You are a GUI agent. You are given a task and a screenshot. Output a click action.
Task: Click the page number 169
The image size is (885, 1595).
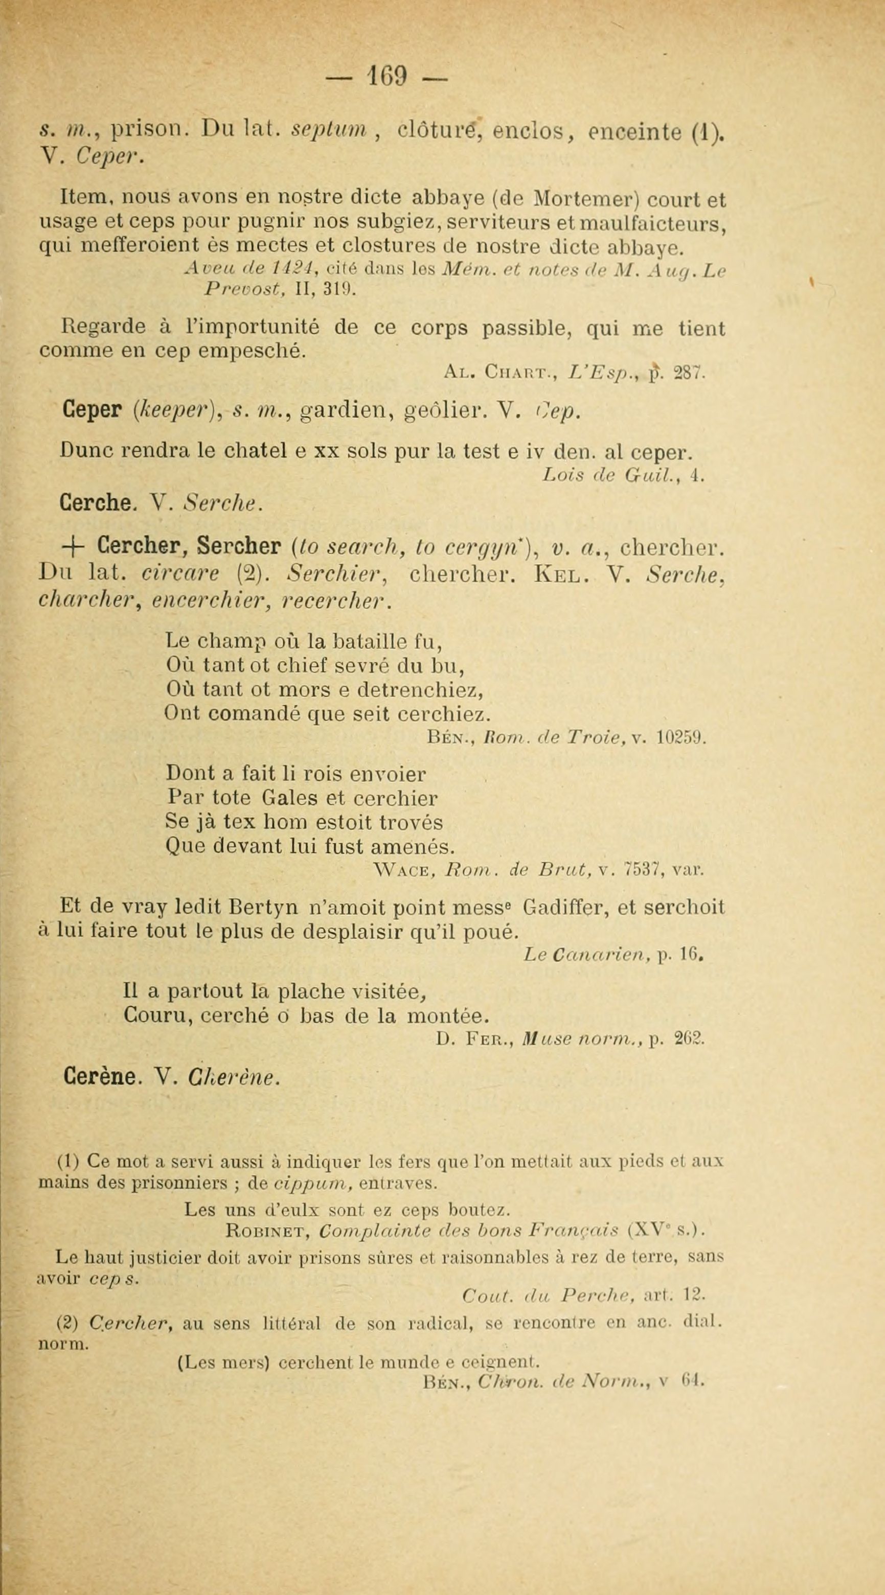pos(389,77)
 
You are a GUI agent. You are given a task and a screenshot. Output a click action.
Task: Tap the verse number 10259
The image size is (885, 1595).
pos(680,738)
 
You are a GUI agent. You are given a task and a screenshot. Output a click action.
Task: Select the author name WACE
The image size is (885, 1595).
pos(399,870)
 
